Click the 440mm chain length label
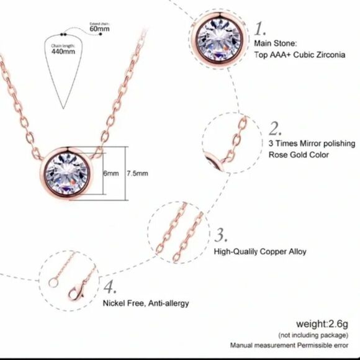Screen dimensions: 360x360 (x=62, y=52)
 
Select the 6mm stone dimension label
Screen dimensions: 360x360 (x=111, y=174)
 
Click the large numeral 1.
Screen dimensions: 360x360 (x=261, y=29)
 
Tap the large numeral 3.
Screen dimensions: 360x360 (x=222, y=235)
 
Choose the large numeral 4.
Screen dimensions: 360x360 (x=110, y=288)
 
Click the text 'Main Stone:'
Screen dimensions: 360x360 (x=276, y=43)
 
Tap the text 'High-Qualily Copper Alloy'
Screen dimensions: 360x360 (x=259, y=252)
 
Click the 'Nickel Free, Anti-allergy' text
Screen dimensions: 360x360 (x=146, y=304)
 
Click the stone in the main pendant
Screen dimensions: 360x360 (x=70, y=173)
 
